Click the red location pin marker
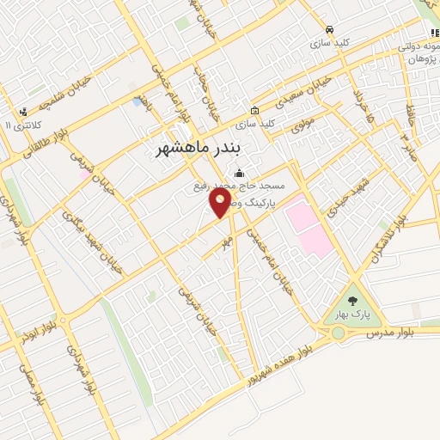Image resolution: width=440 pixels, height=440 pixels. [221, 204]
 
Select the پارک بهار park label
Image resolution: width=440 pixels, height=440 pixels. [352, 315]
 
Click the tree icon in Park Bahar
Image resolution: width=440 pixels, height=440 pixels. [352, 301]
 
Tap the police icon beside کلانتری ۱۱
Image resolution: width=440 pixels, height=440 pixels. [23, 110]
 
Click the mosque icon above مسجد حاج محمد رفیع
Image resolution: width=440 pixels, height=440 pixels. [238, 174]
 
